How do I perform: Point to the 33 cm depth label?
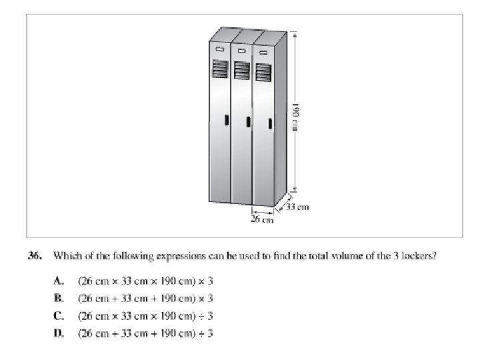pos(299,207)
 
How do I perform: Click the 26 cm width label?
pos(262,219)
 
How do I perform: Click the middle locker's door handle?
pos(248,122)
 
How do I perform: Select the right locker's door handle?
pos(269,123)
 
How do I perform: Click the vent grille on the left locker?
pos(220,69)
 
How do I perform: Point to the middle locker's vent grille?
pos(241,71)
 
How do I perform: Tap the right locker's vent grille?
pos(263,73)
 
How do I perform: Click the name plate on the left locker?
pos(220,49)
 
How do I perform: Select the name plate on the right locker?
pos(263,52)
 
